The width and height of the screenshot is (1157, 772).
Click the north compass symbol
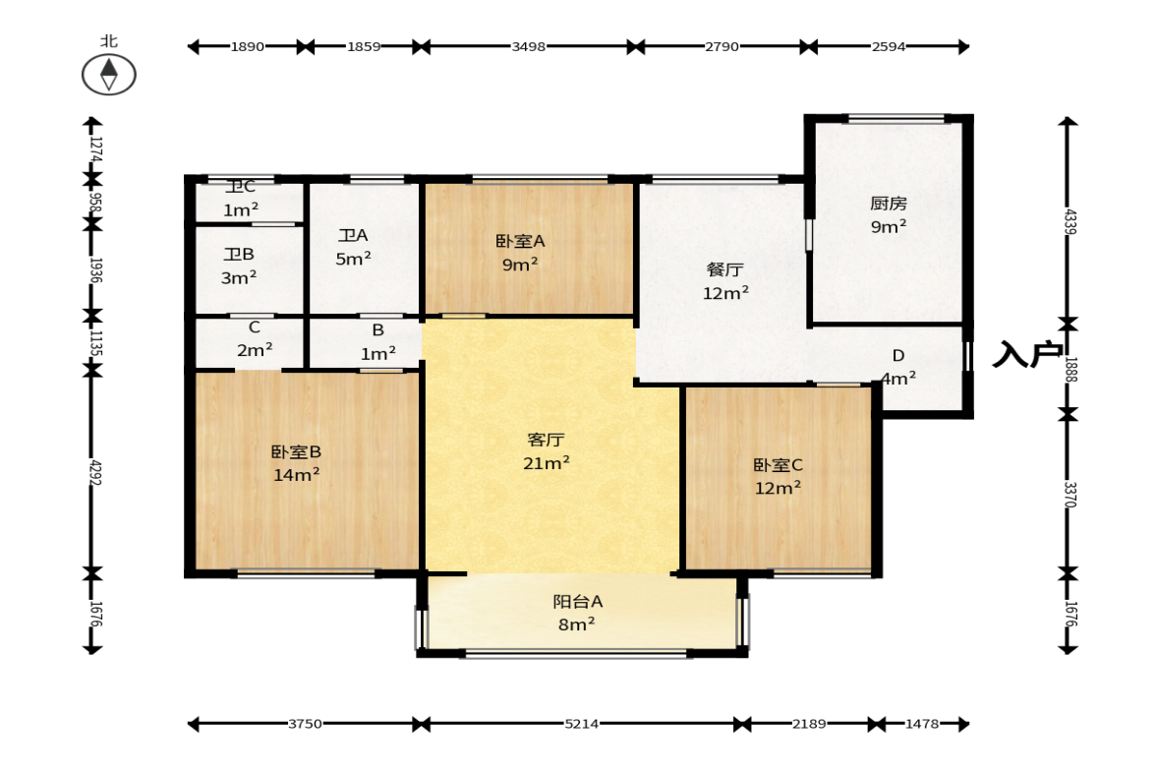pyautogui.click(x=108, y=75)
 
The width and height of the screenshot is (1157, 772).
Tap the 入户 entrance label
pyautogui.click(x=1027, y=354)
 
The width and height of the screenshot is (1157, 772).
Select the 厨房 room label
pyautogui.click(x=889, y=203)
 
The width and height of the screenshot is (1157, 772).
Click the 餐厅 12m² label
pyautogui.click(x=725, y=281)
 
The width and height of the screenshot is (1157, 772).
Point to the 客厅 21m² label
pyautogui.click(x=546, y=451)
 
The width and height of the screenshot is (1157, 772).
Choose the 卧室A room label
pyautogui.click(x=520, y=241)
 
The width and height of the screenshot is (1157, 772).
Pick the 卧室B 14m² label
pyautogui.click(x=296, y=463)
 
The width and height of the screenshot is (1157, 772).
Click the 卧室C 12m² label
pyautogui.click(x=778, y=476)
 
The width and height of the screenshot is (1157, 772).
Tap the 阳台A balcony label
pyautogui.click(x=578, y=602)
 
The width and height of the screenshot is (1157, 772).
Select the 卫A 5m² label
pyautogui.click(x=354, y=247)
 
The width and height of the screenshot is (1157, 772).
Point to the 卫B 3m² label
pyautogui.click(x=239, y=266)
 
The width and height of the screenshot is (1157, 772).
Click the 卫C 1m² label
pyautogui.click(x=241, y=199)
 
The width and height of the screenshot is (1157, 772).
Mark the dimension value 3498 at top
pyautogui.click(x=528, y=46)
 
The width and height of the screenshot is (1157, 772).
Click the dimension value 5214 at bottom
pyautogui.click(x=582, y=724)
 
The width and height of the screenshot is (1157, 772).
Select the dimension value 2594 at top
pyautogui.click(x=889, y=46)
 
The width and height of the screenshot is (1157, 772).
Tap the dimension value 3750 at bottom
pyautogui.click(x=305, y=724)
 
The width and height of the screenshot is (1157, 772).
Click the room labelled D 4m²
pyautogui.click(x=898, y=367)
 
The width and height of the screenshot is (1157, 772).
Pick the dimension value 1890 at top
pyautogui.click(x=247, y=46)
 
